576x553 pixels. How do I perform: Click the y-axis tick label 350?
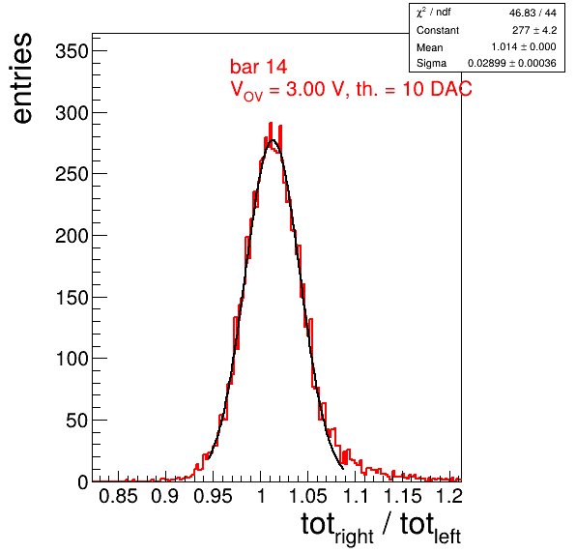72,51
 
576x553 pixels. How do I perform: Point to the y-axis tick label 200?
72,236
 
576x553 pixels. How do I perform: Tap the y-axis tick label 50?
77,421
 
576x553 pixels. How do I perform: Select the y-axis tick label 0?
83,482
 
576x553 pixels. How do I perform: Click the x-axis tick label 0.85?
118,496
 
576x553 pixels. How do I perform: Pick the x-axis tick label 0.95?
213,496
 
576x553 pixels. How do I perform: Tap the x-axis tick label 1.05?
308,496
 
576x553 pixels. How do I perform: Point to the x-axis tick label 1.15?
403,496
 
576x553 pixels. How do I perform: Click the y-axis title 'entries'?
23,78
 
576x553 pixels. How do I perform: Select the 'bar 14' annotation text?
259,67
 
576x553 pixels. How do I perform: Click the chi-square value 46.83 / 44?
533,13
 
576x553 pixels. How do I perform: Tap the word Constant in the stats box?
438,30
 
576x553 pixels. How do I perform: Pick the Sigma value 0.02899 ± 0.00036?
512,63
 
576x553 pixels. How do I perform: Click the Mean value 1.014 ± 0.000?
524,46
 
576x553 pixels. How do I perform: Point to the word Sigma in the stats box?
431,64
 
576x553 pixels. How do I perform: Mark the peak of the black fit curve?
273,139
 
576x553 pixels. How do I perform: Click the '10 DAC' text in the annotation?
437,89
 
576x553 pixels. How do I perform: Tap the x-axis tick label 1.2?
449,496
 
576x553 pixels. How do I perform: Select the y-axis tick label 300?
72,113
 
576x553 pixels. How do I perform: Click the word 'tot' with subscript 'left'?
430,528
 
